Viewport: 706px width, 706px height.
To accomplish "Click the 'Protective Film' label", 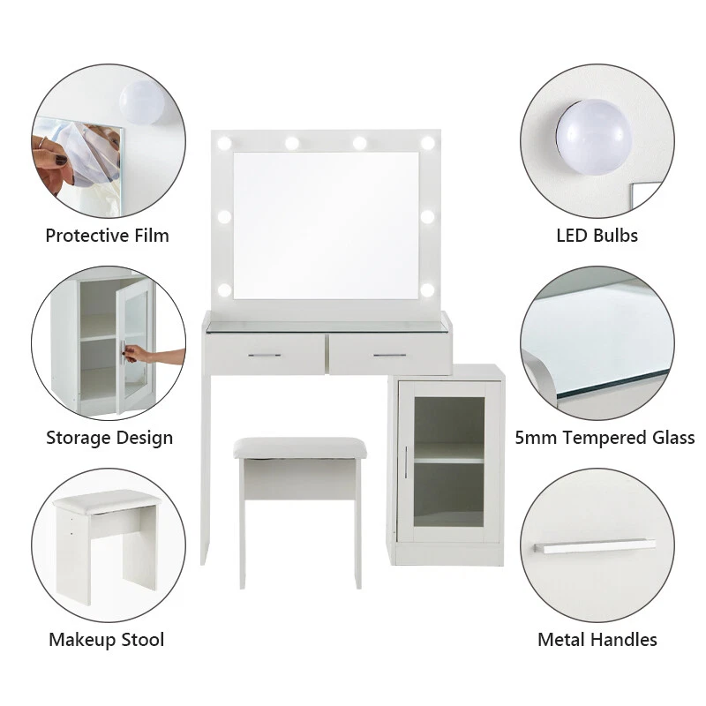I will point(107,236).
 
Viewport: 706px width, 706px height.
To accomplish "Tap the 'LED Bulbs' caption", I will point(597,236).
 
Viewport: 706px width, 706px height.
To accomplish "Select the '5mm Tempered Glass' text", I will point(605,438).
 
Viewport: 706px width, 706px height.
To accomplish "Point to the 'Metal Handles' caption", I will point(597,640).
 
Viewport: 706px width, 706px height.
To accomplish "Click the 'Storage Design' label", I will point(109,438).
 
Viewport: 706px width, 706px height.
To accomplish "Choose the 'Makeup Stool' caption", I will point(106,640).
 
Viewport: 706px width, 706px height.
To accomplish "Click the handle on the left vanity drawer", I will point(264,355).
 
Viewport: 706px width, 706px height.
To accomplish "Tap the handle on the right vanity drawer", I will point(388,355).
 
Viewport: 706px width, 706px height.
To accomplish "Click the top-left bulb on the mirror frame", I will point(224,143).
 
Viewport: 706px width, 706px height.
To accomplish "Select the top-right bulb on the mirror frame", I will point(428,143).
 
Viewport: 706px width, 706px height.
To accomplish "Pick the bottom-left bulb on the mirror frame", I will point(224,289).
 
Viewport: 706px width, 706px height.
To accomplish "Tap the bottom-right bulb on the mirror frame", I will point(428,289).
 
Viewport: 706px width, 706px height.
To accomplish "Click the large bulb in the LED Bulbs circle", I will point(592,137).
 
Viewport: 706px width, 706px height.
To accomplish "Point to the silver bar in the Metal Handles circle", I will point(595,547).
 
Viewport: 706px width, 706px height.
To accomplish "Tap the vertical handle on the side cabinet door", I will point(405,462).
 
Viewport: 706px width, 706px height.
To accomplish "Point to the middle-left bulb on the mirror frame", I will point(224,216).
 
